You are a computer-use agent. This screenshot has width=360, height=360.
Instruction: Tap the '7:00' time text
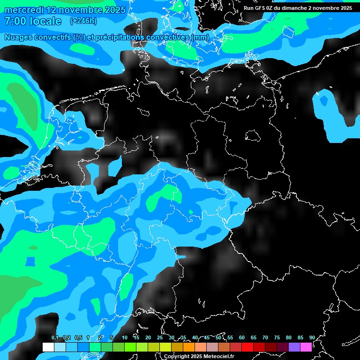pos(15,21)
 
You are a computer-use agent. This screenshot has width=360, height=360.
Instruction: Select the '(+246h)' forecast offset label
pos(83,21)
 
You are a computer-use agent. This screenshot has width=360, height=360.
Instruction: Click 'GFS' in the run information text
pos(260,8)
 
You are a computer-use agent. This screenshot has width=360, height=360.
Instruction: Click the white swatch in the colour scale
pos(48,347)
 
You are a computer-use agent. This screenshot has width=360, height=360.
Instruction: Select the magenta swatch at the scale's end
pos(306,347)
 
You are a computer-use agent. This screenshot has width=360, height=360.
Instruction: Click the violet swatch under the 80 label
pos(294,347)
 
